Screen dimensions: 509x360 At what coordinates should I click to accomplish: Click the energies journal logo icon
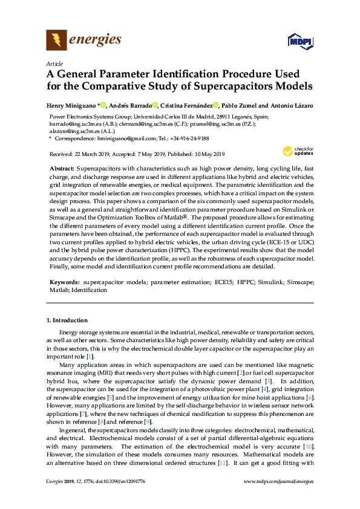pos(57,40)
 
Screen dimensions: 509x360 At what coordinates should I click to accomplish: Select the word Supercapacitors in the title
pos(241,86)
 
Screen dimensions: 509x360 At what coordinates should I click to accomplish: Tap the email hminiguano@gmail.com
pos(121,138)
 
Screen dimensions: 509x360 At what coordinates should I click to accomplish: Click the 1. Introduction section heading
pos(67,320)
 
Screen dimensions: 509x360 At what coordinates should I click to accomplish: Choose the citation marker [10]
pos(307,446)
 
